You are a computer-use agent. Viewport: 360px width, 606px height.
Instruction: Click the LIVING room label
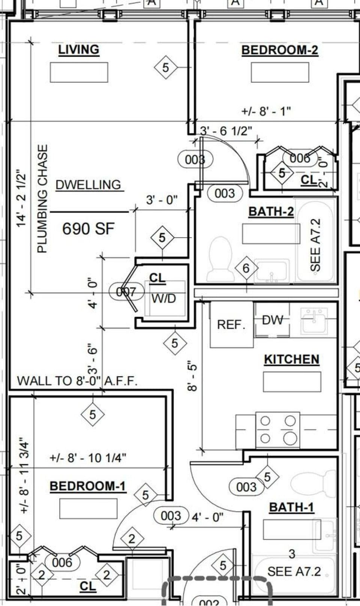pyautogui.click(x=79, y=49)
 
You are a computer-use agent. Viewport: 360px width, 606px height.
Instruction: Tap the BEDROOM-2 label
pyautogui.click(x=279, y=50)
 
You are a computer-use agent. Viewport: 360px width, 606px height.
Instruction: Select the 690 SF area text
pyautogui.click(x=88, y=229)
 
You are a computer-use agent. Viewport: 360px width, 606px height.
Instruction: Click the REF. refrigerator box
pyautogui.click(x=231, y=324)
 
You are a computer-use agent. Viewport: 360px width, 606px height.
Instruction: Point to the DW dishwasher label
pyautogui.click(x=273, y=320)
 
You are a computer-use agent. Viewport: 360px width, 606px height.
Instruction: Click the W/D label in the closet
pyautogui.click(x=163, y=298)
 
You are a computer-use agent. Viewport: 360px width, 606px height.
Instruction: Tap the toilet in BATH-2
pyautogui.click(x=220, y=258)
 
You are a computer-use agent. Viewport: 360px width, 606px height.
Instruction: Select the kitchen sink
pyautogui.click(x=314, y=321)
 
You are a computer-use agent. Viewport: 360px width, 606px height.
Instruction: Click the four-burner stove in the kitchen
pyautogui.click(x=277, y=430)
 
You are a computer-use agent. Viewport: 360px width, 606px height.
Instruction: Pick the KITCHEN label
pyautogui.click(x=291, y=359)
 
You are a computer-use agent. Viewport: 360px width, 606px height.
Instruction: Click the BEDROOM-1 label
pyautogui.click(x=88, y=486)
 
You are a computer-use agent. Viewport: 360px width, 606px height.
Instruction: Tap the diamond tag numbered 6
pyautogui.click(x=246, y=268)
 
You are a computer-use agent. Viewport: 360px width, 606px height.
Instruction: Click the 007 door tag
pyautogui.click(x=126, y=291)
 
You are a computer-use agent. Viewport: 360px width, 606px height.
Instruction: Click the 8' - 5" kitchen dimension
pyautogui.click(x=192, y=376)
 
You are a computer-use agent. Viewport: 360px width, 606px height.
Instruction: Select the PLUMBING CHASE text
pyautogui.click(x=43, y=199)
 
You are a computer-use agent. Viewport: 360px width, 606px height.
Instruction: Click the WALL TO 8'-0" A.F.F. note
pyautogui.click(x=77, y=381)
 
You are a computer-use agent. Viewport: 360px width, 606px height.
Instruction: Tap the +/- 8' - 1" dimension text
pyautogui.click(x=266, y=111)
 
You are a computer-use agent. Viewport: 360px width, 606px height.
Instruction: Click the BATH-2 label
pyautogui.click(x=271, y=211)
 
